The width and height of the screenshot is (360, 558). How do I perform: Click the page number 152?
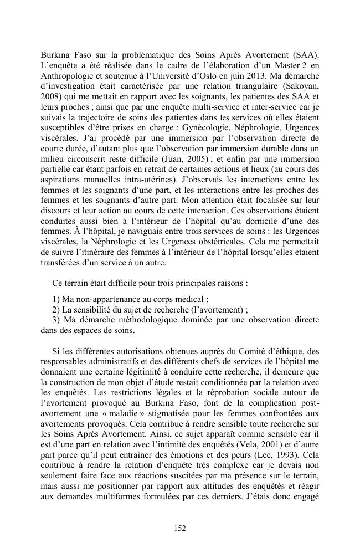point(180,528)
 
